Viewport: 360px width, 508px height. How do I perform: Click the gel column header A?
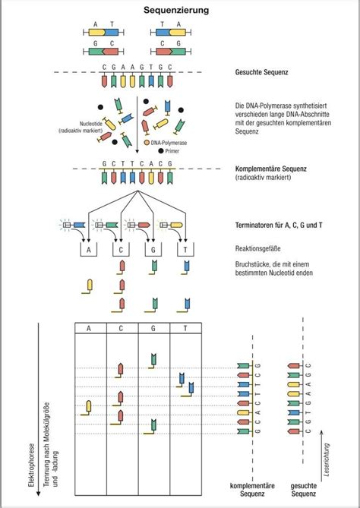coord(90,328)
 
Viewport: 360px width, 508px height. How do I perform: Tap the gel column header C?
coord(122,328)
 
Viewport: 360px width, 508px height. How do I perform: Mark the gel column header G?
coord(153,328)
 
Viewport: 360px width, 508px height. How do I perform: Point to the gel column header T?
coord(185,328)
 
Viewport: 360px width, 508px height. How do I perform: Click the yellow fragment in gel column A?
coord(88,406)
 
